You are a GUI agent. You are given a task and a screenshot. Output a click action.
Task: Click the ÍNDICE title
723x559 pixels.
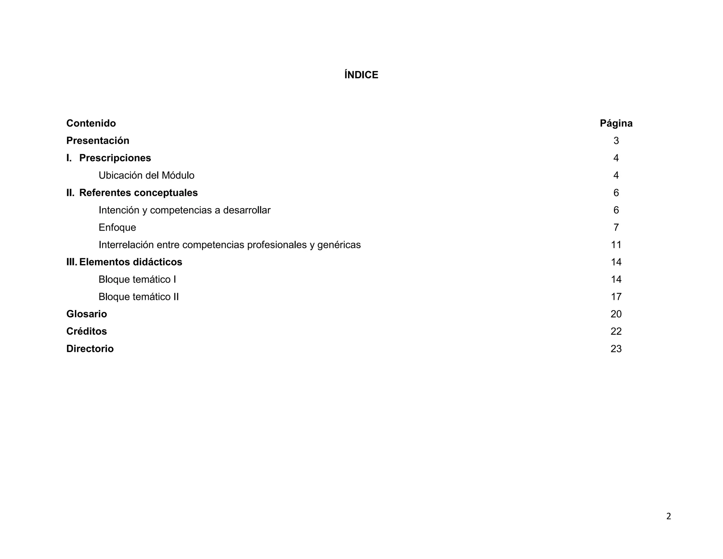(x=361, y=75)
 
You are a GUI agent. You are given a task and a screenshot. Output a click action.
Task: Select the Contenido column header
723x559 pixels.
(x=91, y=123)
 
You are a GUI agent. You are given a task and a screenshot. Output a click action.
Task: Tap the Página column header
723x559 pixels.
(x=616, y=123)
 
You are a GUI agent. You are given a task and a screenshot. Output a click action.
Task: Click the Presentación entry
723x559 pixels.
(x=98, y=141)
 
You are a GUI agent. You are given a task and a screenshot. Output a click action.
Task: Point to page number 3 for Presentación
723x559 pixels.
(x=616, y=141)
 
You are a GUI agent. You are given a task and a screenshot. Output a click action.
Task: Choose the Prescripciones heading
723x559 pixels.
(x=115, y=158)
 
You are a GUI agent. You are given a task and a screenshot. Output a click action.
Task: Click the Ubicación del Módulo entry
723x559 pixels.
(x=147, y=175)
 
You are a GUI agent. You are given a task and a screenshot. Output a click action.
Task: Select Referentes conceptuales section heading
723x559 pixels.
(x=138, y=193)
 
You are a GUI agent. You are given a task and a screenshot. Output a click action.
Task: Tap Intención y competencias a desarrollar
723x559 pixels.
(x=184, y=210)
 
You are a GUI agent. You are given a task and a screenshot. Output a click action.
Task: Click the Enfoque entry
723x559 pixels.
(x=117, y=227)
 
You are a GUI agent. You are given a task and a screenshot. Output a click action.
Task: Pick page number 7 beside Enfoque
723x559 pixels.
(x=616, y=227)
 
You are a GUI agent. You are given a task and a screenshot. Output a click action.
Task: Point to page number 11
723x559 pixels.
(x=616, y=245)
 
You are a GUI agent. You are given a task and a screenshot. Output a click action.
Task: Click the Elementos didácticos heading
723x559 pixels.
(x=131, y=262)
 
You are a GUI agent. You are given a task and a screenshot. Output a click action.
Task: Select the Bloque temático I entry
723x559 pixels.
(x=137, y=279)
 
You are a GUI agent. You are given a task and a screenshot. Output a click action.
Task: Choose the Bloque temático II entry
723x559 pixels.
(x=139, y=297)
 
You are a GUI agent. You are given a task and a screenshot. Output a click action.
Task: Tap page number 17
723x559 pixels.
(x=616, y=297)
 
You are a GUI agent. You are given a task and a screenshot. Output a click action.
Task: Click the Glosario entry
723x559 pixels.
(x=86, y=314)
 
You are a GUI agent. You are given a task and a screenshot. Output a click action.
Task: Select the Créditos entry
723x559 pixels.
(x=86, y=331)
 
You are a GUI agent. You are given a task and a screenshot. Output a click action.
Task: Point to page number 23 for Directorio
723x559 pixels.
(x=616, y=349)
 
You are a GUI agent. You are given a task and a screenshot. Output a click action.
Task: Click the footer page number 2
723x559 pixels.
(x=668, y=517)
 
